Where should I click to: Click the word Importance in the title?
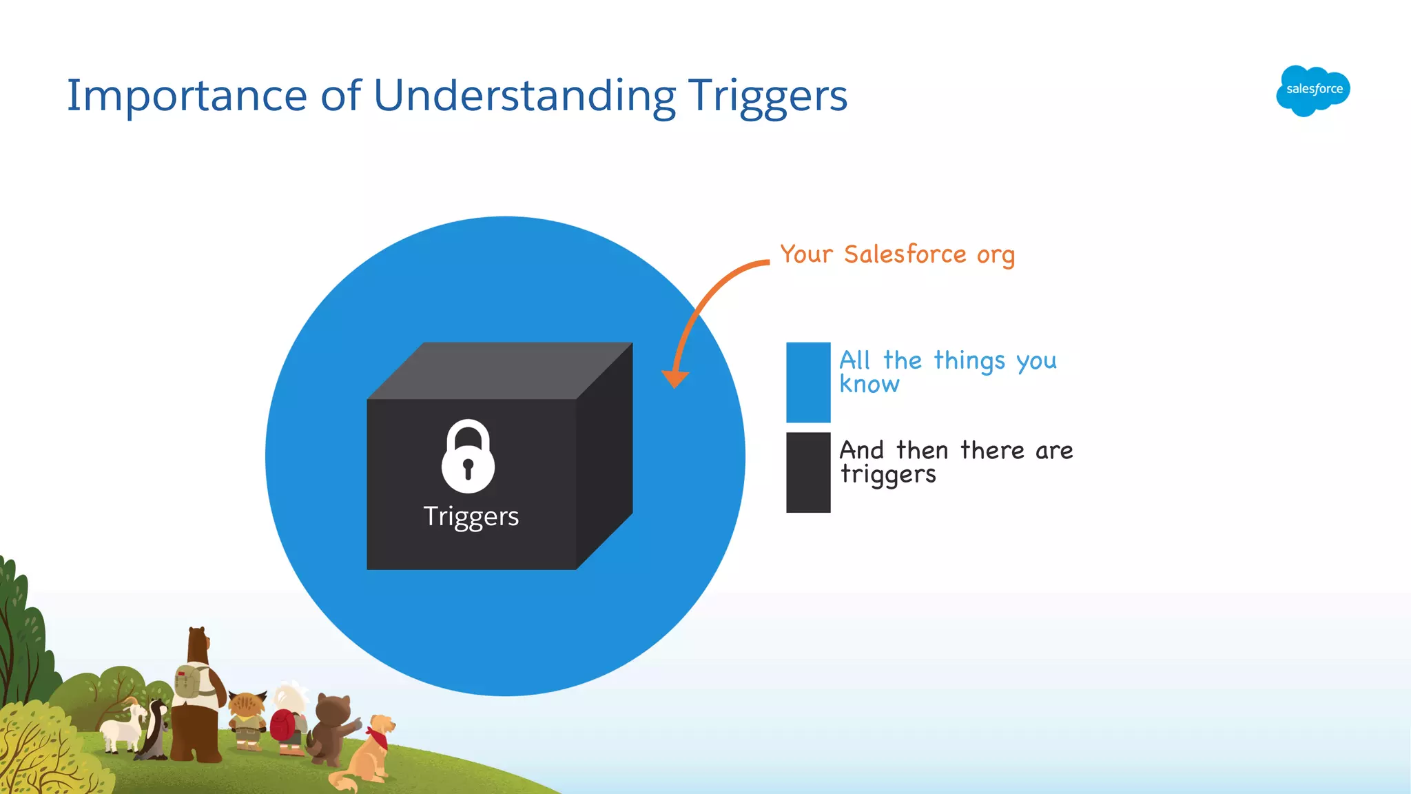click(186, 96)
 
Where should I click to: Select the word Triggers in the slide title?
click(768, 96)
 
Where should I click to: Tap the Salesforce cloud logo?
click(1313, 90)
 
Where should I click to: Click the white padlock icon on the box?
click(468, 456)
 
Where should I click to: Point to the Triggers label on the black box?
click(471, 516)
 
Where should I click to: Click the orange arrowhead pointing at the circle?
click(675, 378)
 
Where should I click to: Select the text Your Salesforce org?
click(897, 254)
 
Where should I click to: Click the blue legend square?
click(808, 383)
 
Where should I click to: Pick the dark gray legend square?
click(808, 472)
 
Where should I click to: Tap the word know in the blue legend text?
click(869, 385)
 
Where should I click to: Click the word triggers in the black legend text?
click(888, 475)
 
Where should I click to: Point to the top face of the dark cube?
click(499, 371)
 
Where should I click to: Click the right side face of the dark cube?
click(604, 455)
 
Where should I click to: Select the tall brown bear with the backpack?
click(196, 696)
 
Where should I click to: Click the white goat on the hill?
click(123, 727)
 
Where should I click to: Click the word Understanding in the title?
click(524, 96)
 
